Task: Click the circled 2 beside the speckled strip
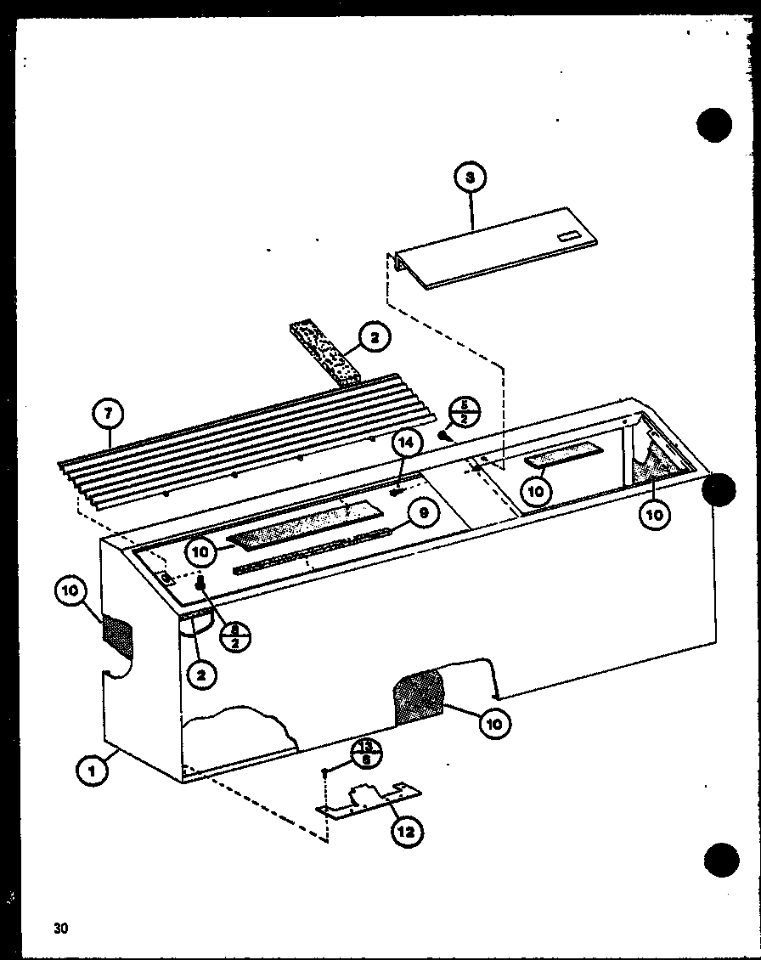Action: pos(375,339)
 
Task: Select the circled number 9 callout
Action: pos(422,514)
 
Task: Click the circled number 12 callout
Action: pos(406,832)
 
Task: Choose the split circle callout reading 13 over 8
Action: pos(366,754)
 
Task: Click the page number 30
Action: pos(59,928)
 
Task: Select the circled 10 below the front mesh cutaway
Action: pos(495,723)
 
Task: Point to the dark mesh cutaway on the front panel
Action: pos(419,695)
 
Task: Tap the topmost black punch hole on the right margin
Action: pos(714,125)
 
